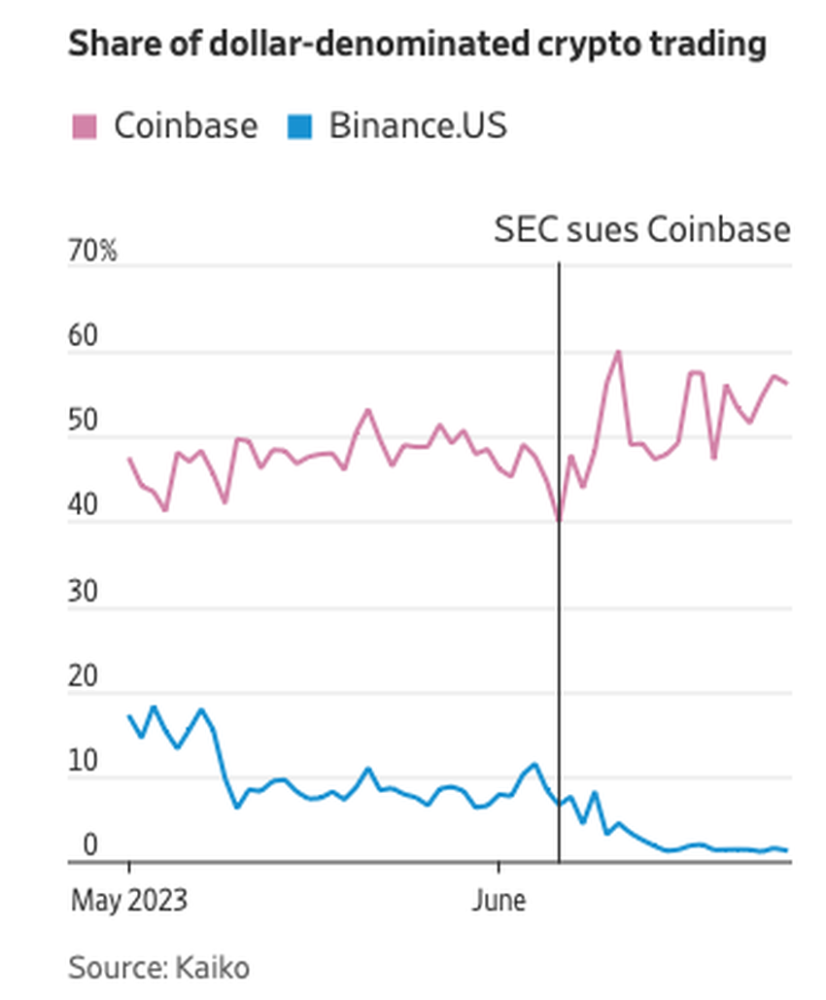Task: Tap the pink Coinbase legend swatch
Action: (85, 126)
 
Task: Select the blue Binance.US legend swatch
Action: (300, 126)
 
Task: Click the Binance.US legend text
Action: (418, 126)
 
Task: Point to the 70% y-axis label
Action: (92, 253)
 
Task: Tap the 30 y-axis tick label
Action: (84, 593)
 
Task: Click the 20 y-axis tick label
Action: (84, 678)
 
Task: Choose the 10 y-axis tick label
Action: (84, 763)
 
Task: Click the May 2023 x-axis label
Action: (129, 901)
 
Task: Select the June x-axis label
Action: (499, 901)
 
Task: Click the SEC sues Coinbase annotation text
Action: (642, 230)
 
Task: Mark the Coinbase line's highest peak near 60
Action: (618, 352)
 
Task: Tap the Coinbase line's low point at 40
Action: (559, 520)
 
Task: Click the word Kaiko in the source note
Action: (213, 968)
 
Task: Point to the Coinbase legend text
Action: (186, 126)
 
